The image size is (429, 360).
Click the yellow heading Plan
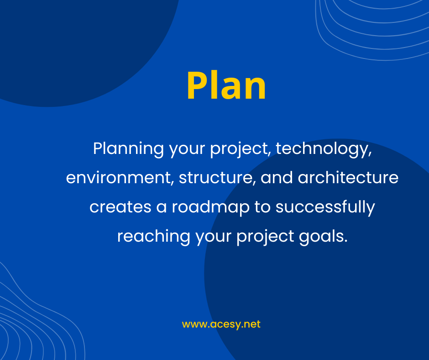coord(226,85)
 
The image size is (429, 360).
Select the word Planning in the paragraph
coord(128,149)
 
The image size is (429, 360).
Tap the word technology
coord(324,149)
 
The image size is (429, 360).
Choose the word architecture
coord(348,177)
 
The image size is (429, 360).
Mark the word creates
coord(120,207)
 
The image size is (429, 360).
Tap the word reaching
coord(153,237)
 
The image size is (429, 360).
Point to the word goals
coord(323,237)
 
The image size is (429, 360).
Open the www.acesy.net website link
coord(221,324)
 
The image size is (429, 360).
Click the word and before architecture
coord(277,178)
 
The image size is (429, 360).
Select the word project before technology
coord(241,149)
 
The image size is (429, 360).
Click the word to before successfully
coord(262,207)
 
